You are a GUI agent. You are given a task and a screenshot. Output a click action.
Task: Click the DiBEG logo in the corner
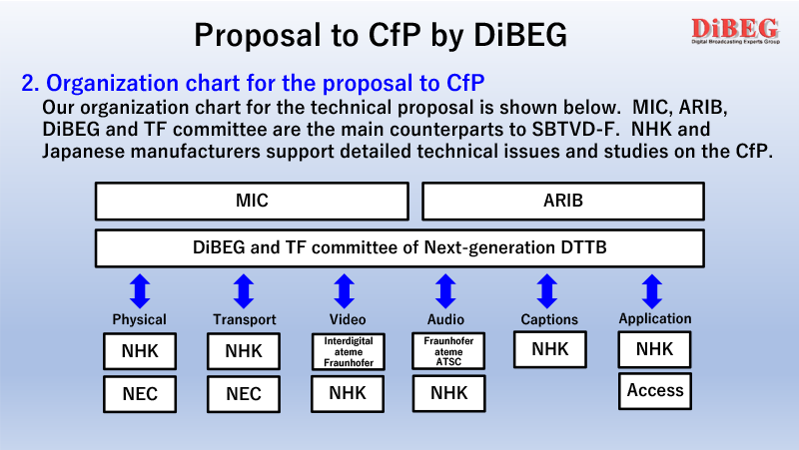735,31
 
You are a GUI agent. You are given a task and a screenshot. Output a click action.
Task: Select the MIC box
252,202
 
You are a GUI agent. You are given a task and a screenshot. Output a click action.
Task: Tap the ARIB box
563,202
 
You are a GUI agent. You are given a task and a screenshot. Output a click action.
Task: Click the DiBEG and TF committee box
400,248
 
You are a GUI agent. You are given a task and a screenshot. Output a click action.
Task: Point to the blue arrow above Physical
140,291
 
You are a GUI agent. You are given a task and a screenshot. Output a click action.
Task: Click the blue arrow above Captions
547,291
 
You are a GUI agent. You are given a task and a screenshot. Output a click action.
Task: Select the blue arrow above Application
652,291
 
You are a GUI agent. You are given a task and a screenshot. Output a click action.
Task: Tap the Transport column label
245,319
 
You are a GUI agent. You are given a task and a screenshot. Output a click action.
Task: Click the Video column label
348,319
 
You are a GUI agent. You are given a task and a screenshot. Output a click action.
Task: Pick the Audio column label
445,319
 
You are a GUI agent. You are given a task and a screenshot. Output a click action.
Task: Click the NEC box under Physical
140,394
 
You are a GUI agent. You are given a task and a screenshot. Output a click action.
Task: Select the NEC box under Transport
244,394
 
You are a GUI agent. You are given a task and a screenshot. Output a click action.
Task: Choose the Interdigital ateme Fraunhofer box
349,352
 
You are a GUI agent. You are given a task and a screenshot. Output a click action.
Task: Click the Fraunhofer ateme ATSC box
448,351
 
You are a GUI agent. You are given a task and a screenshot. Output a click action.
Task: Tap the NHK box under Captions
550,349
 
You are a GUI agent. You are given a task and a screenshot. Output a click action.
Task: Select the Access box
655,391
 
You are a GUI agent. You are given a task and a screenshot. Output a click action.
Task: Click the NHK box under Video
348,393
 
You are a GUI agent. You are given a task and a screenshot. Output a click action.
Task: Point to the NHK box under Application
655,349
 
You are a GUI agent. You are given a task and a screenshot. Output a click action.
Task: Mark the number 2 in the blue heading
30,84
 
